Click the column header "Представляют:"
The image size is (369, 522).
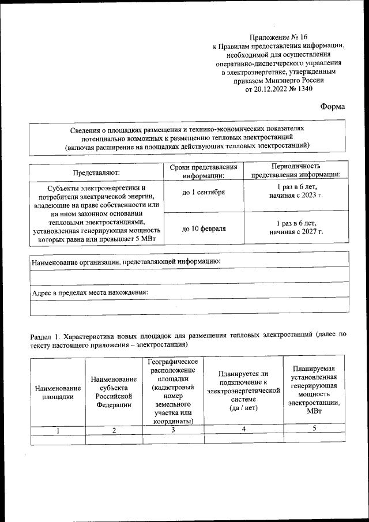96,172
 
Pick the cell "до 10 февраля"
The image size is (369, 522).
204,228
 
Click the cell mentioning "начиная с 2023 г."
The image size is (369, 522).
296,196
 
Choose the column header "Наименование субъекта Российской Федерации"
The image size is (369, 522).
114,392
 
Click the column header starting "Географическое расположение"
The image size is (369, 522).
174,390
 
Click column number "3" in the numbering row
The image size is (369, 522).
174,430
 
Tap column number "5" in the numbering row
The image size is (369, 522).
314,429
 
